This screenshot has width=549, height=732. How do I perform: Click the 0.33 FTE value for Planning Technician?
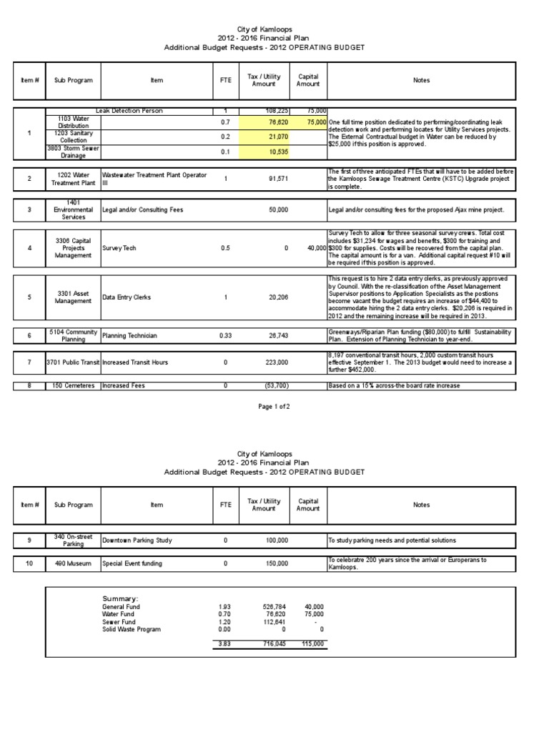point(225,334)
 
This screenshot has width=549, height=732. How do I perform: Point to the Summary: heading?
point(120,598)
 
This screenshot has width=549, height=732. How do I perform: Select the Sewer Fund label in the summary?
point(120,621)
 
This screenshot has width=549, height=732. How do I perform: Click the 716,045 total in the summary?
point(273,644)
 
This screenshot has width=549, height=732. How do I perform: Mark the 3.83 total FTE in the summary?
point(225,644)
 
